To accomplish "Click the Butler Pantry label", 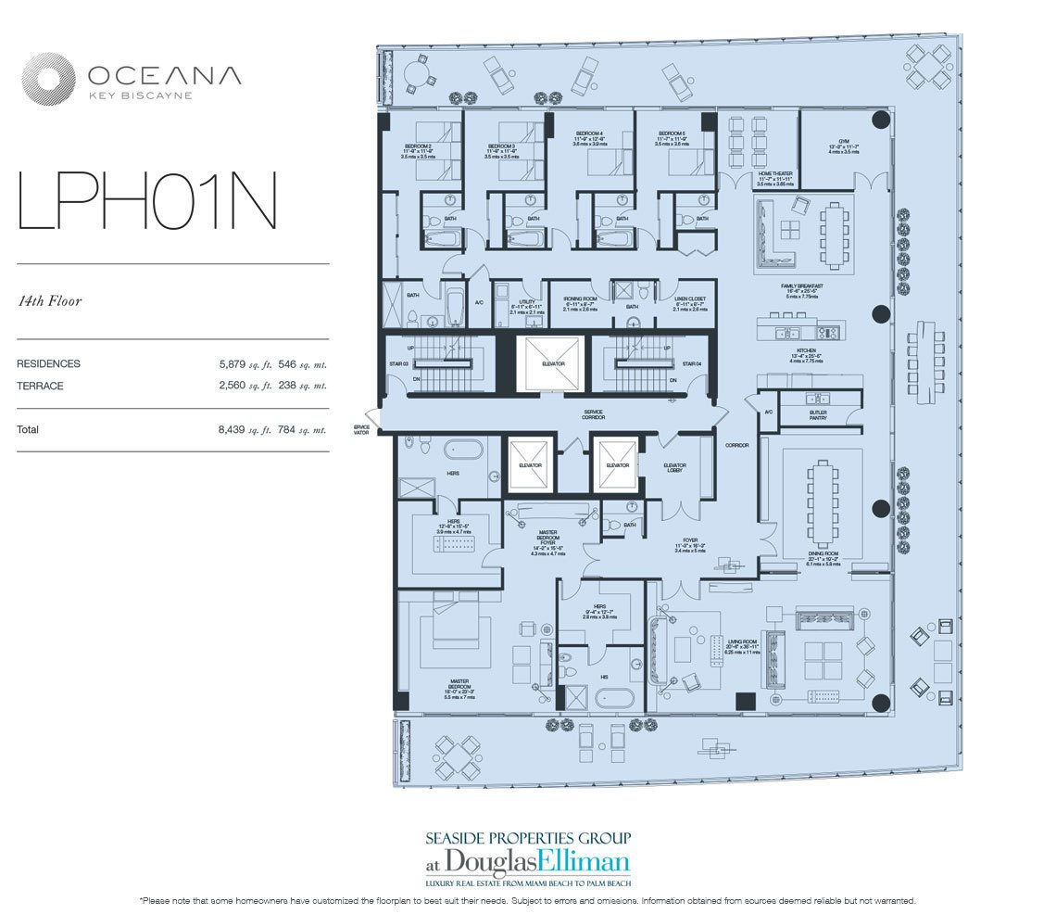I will pos(817,414).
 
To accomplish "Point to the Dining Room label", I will pos(822,553).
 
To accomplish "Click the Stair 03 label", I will pos(398,364).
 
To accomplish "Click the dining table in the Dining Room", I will pos(822,505).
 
